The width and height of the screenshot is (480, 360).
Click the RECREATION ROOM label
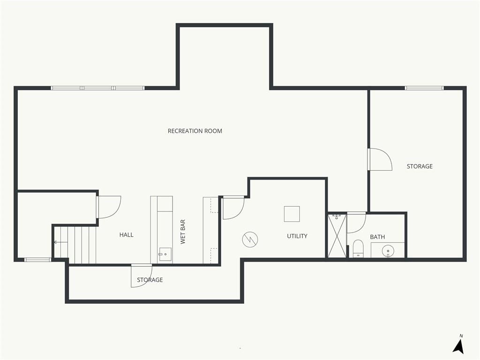(195, 131)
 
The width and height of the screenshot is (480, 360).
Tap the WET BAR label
(183, 232)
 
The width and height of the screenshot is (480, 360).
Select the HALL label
(126, 235)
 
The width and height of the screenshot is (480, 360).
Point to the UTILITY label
(297, 236)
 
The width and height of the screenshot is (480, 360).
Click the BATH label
(377, 237)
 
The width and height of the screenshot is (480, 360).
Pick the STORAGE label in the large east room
(420, 166)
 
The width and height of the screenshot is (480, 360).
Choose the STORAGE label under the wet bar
(150, 280)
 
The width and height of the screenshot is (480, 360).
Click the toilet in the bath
(358, 248)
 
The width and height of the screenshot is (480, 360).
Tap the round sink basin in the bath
(388, 251)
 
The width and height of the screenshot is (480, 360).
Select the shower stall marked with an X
(337, 236)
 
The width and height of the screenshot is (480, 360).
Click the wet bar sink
(165, 254)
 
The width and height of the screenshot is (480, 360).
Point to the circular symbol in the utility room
(250, 240)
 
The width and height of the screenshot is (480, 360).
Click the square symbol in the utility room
(292, 214)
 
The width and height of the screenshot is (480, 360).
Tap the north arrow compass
(458, 345)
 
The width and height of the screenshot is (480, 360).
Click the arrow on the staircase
(60, 242)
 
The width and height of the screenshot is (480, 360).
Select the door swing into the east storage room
(380, 159)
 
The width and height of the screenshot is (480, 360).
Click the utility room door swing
(233, 208)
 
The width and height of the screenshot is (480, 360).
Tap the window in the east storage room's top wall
(424, 88)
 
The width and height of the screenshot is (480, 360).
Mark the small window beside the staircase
(37, 260)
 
